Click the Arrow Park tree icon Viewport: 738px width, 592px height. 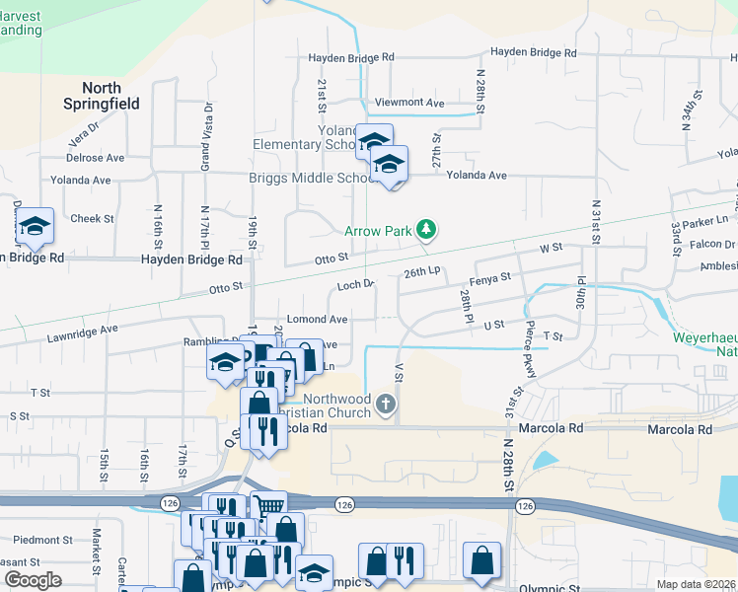(426, 230)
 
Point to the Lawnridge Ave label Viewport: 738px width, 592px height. (82, 333)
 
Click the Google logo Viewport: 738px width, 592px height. (34, 580)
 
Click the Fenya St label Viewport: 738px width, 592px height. (491, 278)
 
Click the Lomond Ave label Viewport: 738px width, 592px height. (317, 320)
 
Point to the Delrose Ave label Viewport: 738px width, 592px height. (95, 158)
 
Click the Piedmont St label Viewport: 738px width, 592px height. (42, 541)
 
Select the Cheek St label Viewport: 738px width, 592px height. (93, 219)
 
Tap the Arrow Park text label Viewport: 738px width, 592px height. (377, 231)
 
